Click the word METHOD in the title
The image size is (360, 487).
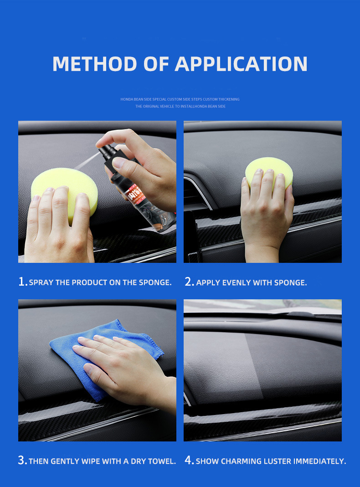(x=95, y=64)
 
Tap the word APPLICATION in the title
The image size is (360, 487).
(x=241, y=64)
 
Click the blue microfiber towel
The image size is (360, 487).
(x=103, y=354)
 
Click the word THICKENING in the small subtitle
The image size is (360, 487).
(x=229, y=99)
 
